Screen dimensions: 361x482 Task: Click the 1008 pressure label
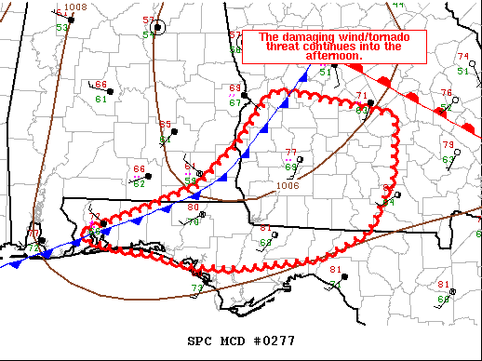point(75,7)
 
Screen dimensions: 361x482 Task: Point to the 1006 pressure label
point(288,185)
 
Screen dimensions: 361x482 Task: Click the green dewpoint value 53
point(61,28)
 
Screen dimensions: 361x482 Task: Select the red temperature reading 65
point(165,125)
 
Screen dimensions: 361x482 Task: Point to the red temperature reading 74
point(462,57)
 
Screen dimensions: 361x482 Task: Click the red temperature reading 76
point(446,93)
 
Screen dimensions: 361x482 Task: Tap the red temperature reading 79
point(448,145)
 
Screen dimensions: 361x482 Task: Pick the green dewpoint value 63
point(448,160)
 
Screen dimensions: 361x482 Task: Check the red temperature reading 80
point(193,207)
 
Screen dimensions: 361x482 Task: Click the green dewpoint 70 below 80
point(194,221)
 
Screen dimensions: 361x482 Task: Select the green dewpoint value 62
point(140,183)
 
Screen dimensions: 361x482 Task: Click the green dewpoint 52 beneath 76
point(446,107)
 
